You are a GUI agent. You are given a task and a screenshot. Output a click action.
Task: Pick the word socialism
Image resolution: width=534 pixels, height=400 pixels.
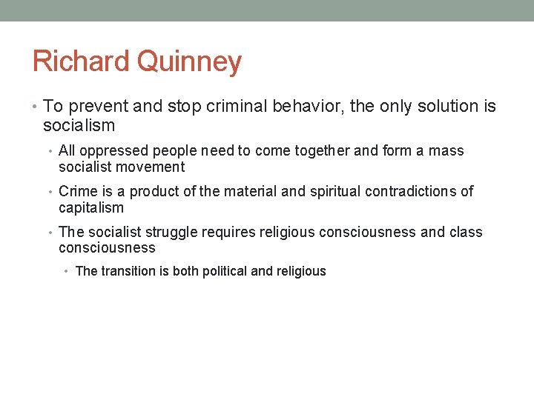coord(79,126)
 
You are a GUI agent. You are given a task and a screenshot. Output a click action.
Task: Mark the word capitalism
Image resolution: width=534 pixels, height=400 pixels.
coord(91,208)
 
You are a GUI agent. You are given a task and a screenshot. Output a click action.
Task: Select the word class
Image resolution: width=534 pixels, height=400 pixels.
coord(466,233)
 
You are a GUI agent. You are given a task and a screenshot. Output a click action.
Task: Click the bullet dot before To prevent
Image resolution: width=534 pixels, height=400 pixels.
coord(36,107)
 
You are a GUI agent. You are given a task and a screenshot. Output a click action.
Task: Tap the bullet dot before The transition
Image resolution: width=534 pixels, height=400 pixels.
coord(67,272)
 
